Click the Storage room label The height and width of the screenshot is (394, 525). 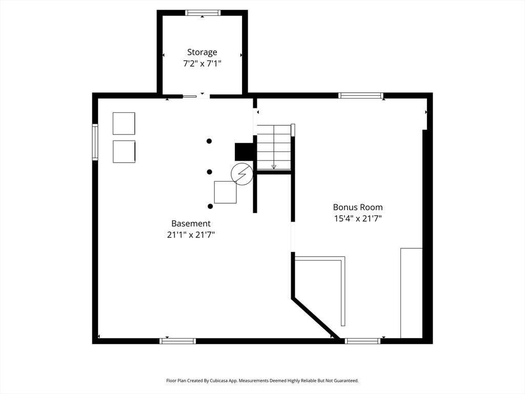pyautogui.click(x=202, y=52)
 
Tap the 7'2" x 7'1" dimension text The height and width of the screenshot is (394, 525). pyautogui.click(x=202, y=63)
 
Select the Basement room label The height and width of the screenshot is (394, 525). pyautogui.click(x=191, y=224)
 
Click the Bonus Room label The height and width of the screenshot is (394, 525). pyautogui.click(x=357, y=207)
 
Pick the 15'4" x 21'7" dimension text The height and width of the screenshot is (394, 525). pyautogui.click(x=357, y=219)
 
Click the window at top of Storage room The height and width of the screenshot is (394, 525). pyautogui.click(x=203, y=13)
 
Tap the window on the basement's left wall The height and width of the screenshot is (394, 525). pyautogui.click(x=95, y=142)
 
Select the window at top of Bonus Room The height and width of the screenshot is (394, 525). pyautogui.click(x=360, y=95)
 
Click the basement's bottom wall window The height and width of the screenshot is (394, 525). pyautogui.click(x=177, y=341)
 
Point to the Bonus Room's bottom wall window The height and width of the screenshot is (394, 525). pyautogui.click(x=362, y=341)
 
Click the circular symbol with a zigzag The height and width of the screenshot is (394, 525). pyautogui.click(x=242, y=174)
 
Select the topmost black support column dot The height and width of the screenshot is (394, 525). pyautogui.click(x=209, y=141)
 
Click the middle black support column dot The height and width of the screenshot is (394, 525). pyautogui.click(x=209, y=172)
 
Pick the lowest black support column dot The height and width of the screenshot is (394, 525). pyautogui.click(x=210, y=206)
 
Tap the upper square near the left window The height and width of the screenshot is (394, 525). pyautogui.click(x=124, y=124)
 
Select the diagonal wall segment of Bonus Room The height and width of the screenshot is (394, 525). pyautogui.click(x=316, y=319)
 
